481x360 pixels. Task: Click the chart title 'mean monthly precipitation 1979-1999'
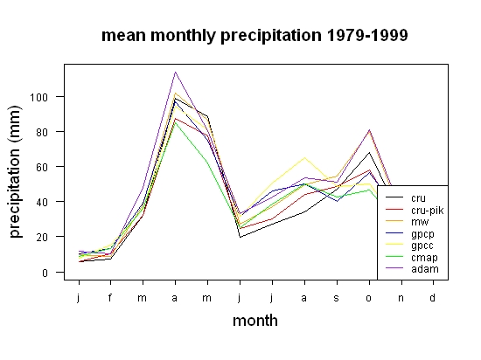coord(254,36)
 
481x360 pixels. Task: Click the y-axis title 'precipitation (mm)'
coord(15,171)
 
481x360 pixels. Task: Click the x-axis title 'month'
coord(255,321)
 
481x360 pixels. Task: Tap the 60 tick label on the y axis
coord(42,167)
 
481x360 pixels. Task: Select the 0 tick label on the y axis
coord(45,273)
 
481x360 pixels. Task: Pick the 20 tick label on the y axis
coord(42,238)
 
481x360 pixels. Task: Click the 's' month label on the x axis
coord(337,298)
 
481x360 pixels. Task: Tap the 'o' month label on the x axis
coord(369,298)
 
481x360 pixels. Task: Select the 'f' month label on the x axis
coord(110,297)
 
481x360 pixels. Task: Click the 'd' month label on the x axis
coord(432,297)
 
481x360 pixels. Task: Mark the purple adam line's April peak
coord(175,72)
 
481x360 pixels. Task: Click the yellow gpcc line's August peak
coord(304,158)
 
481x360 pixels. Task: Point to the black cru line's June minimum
coord(240,237)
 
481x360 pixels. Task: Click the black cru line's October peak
coord(369,152)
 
